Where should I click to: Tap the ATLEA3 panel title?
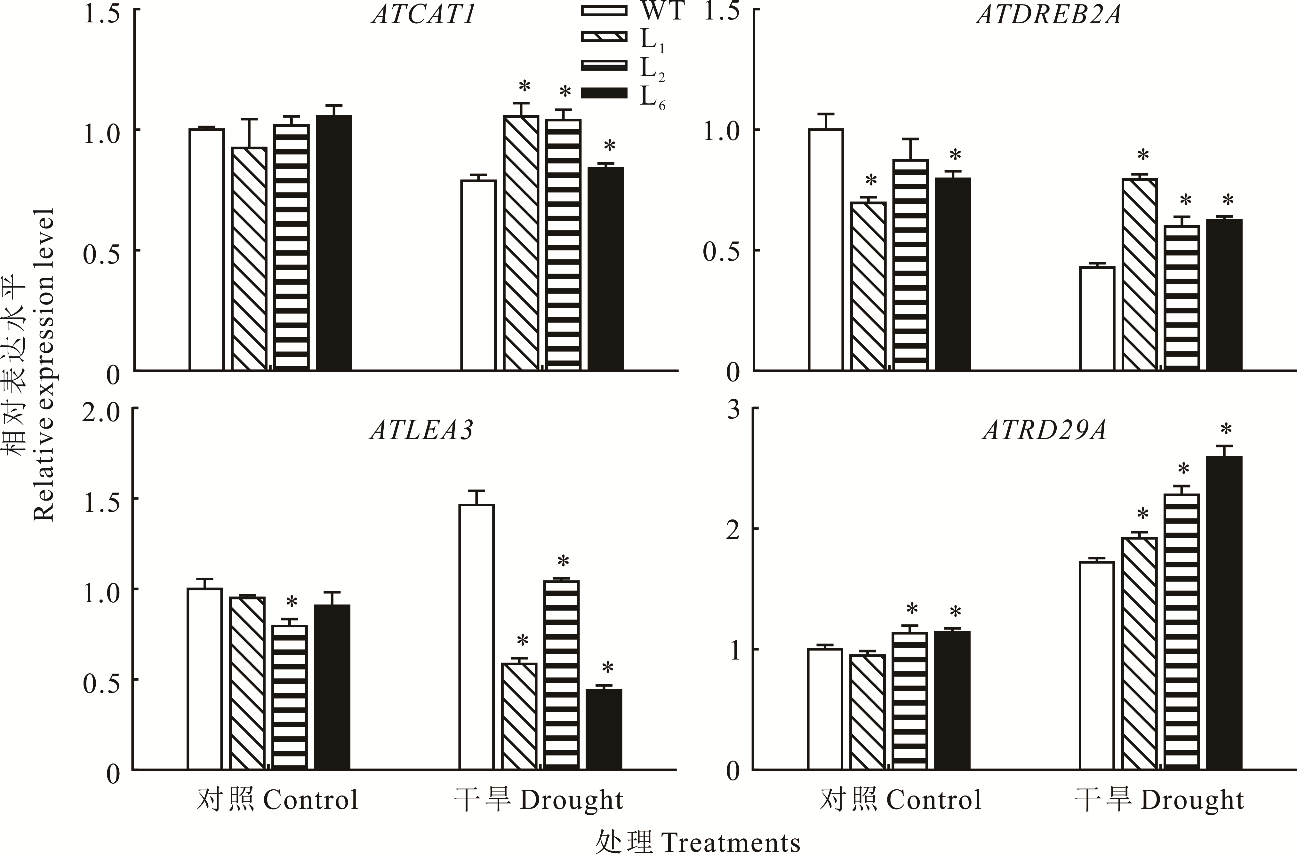[421, 430]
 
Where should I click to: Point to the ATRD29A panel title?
[1044, 430]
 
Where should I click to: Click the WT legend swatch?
[604, 10]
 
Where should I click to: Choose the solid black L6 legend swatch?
[604, 93]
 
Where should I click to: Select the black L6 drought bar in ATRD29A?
[1224, 613]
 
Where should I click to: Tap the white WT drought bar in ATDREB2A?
[1097, 319]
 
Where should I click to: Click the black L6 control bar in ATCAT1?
[334, 242]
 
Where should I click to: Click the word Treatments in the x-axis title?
[730, 842]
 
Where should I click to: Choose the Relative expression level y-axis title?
[44, 365]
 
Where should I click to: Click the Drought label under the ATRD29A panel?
[1192, 800]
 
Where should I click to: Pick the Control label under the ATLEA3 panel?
[311, 800]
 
